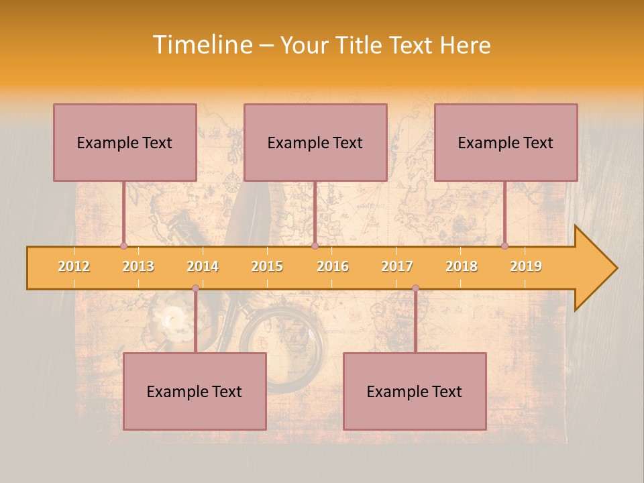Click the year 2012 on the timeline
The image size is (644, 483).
[x=74, y=266]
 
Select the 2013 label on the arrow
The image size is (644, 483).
[x=138, y=266]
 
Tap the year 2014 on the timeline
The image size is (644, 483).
[x=203, y=266]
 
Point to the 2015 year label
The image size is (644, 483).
[x=267, y=266]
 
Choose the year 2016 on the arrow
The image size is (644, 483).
[x=333, y=266]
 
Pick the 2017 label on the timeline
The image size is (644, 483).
[x=397, y=266]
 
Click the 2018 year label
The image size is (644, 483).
[x=462, y=266]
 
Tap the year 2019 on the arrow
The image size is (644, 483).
[x=526, y=266]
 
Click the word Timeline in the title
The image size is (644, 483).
[x=201, y=45]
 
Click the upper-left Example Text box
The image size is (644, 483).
[x=125, y=142]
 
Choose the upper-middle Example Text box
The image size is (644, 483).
[x=315, y=142]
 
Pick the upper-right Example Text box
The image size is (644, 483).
[x=506, y=142]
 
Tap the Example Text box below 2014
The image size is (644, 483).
[x=195, y=391]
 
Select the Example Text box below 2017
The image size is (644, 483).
[x=415, y=391]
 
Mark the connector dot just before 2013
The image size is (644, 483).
[x=123, y=246]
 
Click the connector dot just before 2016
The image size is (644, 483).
[x=315, y=246]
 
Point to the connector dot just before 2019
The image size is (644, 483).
[x=505, y=246]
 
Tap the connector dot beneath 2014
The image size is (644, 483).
[x=195, y=288]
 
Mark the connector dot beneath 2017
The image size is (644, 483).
[x=415, y=288]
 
